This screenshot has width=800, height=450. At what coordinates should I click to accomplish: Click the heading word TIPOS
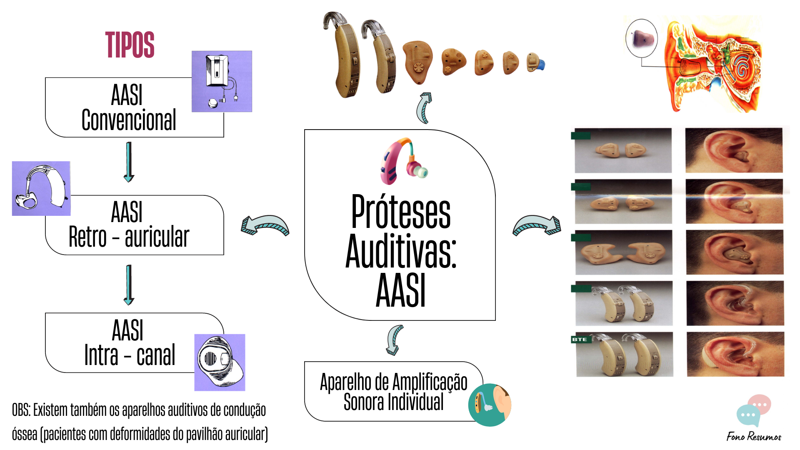130,45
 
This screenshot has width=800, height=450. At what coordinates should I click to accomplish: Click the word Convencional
129,120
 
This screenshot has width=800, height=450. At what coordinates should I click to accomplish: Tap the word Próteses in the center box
400,212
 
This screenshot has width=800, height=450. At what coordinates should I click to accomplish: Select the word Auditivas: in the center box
400,251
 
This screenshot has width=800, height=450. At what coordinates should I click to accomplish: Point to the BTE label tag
580,340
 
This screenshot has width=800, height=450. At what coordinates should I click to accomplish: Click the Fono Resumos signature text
754,436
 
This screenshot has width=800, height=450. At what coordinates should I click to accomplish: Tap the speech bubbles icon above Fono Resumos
754,410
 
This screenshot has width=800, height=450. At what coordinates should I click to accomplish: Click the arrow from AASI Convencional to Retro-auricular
129,162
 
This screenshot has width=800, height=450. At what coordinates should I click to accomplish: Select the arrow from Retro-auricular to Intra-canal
129,285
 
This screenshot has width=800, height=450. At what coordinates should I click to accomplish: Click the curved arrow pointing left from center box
265,225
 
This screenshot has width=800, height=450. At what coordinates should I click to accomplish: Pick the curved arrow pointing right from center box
537,225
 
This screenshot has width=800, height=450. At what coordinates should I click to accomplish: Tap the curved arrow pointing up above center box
424,108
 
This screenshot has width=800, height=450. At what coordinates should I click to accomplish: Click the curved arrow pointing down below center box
394,340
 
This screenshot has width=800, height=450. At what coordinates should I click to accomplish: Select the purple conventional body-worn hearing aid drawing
222,81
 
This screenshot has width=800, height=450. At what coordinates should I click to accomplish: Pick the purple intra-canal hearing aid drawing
220,362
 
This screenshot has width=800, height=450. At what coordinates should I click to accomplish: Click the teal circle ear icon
490,405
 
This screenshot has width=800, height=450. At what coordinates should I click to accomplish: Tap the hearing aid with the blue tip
535,63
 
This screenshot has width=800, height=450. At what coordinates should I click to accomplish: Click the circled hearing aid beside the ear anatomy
641,38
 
